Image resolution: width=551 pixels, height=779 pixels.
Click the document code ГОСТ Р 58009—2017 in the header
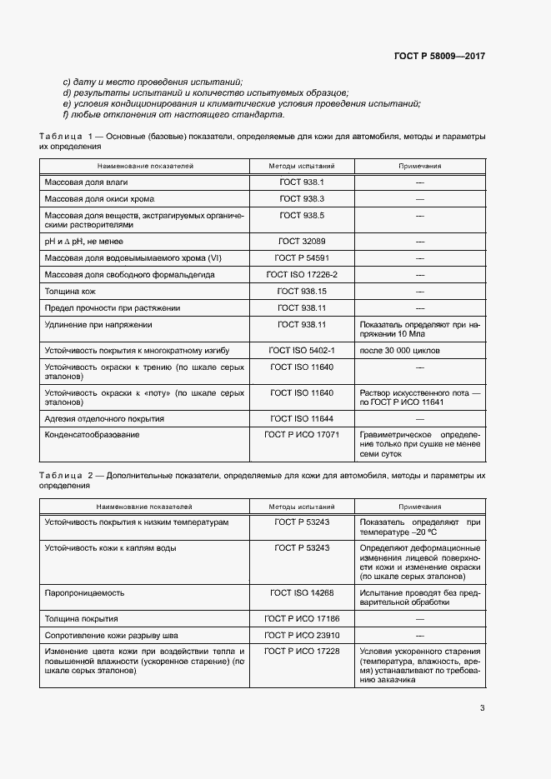point(439,56)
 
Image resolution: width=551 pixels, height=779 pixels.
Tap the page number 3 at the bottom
point(482,708)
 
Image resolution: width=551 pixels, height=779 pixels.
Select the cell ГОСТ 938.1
point(302,182)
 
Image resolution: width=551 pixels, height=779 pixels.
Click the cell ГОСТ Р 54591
point(302,257)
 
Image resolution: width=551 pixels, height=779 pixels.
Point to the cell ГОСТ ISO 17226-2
point(302,274)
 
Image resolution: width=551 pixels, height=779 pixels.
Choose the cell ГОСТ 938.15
point(302,292)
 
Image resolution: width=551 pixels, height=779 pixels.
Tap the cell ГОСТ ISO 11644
point(302,418)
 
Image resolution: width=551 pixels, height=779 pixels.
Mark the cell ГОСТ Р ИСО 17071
point(302,435)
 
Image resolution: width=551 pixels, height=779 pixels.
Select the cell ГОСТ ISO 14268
point(302,592)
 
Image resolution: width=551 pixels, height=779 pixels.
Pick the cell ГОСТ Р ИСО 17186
point(302,619)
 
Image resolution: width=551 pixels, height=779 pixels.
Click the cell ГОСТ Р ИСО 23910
point(302,635)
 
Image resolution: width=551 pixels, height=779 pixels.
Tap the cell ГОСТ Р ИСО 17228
point(302,651)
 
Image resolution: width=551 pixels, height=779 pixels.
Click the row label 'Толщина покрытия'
point(81,619)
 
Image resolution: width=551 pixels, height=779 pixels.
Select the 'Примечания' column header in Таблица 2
point(419,506)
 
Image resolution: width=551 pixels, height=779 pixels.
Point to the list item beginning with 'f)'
point(168,116)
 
